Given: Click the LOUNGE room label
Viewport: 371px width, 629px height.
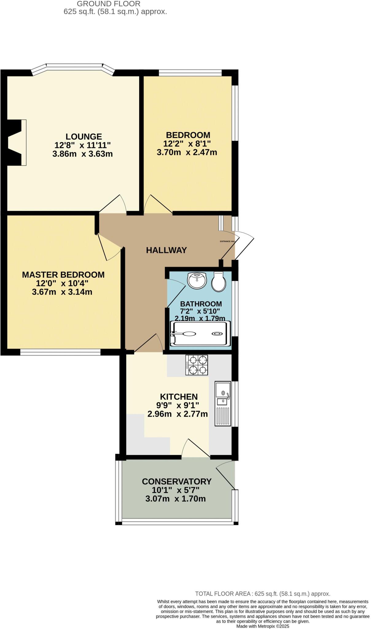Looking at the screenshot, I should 84,136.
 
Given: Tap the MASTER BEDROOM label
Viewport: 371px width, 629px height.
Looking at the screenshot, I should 63,275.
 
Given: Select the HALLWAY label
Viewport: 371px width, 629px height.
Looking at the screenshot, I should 166,250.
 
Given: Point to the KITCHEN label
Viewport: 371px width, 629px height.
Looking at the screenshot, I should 179,397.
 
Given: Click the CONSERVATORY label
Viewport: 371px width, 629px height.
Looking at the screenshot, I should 177,481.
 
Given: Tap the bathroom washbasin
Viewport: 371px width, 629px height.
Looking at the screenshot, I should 197,280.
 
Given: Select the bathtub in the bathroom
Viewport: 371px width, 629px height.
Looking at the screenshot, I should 200,334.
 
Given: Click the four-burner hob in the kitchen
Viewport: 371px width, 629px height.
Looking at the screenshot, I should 197,365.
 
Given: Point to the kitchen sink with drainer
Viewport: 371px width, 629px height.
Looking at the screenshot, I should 223,403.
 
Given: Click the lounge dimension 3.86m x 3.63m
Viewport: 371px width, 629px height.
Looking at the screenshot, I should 83,154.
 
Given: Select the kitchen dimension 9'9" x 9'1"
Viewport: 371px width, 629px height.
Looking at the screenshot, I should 178,405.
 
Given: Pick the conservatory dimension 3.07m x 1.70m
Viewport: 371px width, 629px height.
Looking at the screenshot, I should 175,499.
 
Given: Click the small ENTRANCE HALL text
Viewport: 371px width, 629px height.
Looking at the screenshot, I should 228,241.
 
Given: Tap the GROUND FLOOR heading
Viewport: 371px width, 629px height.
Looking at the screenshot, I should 108,4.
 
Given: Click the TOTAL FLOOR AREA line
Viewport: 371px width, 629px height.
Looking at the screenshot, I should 263,594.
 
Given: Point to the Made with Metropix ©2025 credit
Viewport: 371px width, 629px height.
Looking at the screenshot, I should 263,626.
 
